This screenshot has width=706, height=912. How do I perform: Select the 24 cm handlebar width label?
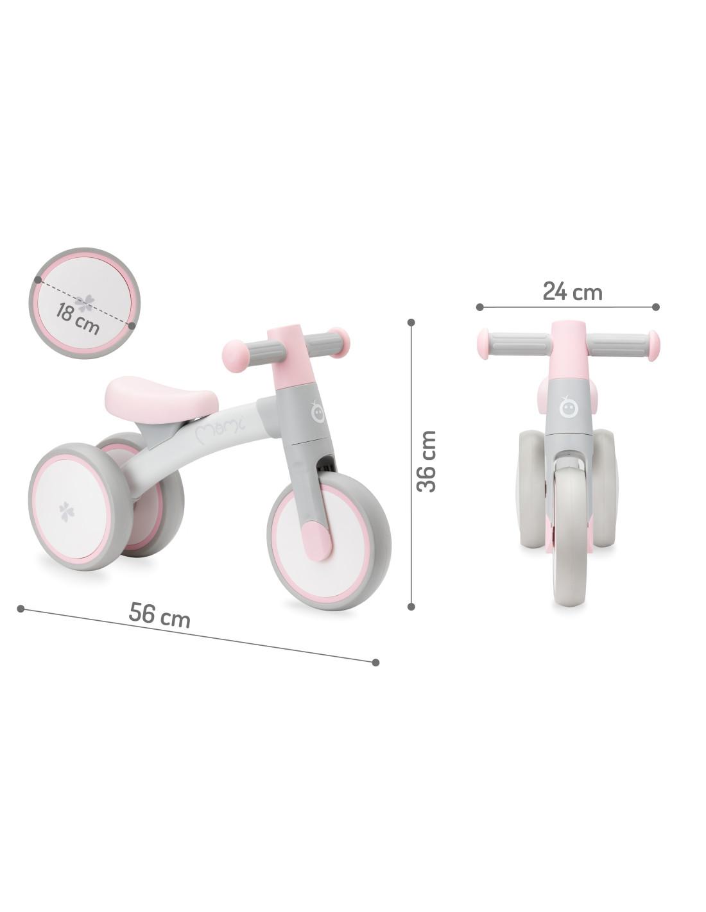point(572,292)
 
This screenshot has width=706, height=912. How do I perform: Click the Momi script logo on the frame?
point(221,432)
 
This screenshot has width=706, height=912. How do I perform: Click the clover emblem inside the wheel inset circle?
point(85,303)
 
